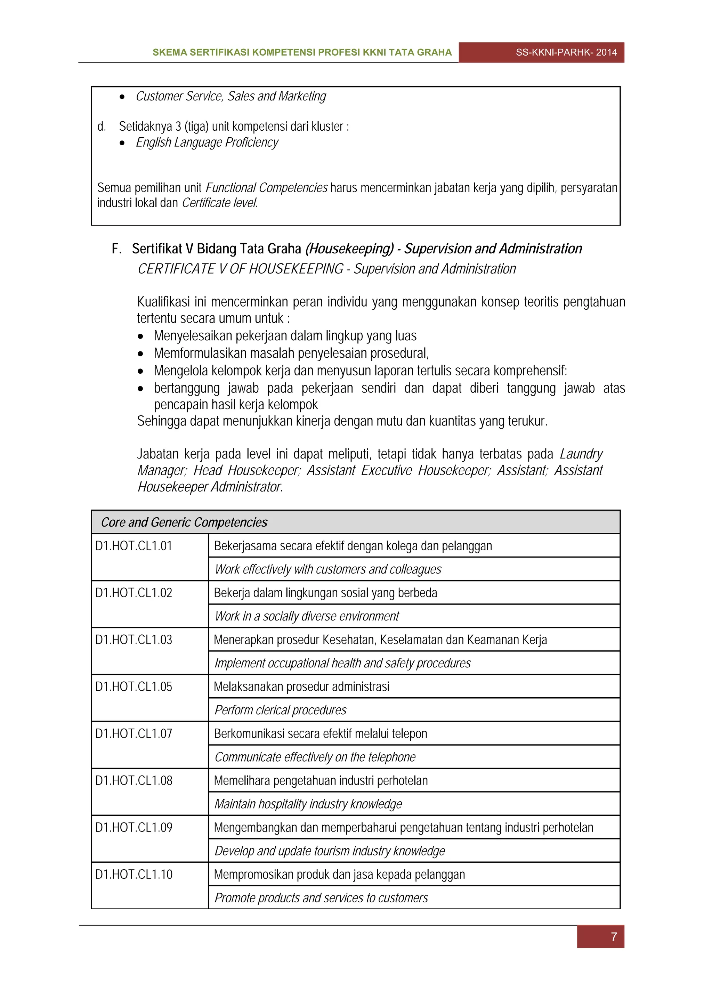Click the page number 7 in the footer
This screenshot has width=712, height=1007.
pos(614,937)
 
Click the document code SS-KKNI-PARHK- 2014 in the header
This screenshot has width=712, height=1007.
pos(566,52)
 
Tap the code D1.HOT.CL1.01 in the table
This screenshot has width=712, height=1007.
pos(134,546)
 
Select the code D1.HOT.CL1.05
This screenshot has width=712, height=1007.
pos(134,687)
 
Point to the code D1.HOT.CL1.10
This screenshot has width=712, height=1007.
pos(134,875)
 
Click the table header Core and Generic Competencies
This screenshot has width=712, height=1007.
pos(184,522)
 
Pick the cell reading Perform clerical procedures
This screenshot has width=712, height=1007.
pos(280,710)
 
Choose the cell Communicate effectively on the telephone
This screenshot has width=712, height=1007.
pos(315,757)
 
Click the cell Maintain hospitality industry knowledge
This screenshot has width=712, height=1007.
pos(308,804)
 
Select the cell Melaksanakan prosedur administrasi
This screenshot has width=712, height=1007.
pos(301,687)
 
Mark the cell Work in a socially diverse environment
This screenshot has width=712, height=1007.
pos(307,616)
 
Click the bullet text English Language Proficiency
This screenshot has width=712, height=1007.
pos(207,143)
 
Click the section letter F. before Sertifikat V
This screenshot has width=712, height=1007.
pos(116,249)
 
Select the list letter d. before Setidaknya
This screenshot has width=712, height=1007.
pos(102,127)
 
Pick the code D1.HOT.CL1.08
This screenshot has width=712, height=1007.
pos(134,781)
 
